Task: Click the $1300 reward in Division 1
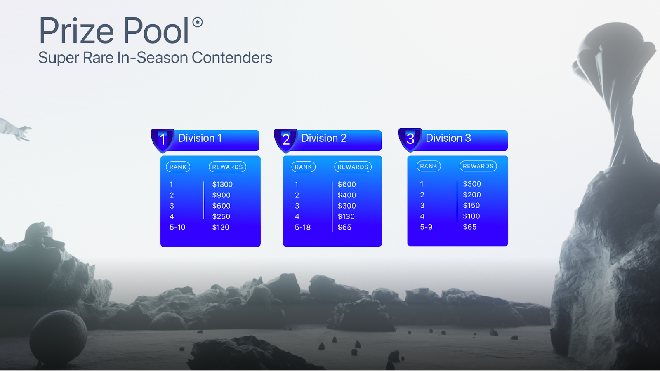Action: coord(222,185)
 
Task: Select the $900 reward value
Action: coord(221,195)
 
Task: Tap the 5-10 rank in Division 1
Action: coord(177,227)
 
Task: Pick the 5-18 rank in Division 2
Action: coord(303,227)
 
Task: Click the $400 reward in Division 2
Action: coord(347,195)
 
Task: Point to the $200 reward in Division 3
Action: coord(472,195)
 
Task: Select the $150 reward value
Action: coord(471,206)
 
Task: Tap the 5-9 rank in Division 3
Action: coord(426,227)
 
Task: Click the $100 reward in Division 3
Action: coord(471,216)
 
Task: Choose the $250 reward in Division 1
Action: coord(221,217)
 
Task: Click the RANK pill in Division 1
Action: coord(178,167)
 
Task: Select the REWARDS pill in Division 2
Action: coord(353,167)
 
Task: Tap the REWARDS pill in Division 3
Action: coord(478,166)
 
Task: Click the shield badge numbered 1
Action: coord(163,140)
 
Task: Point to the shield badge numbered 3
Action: coord(410,139)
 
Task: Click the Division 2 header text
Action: coord(323,138)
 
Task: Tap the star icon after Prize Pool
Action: coord(198,22)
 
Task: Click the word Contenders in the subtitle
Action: coord(232,58)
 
